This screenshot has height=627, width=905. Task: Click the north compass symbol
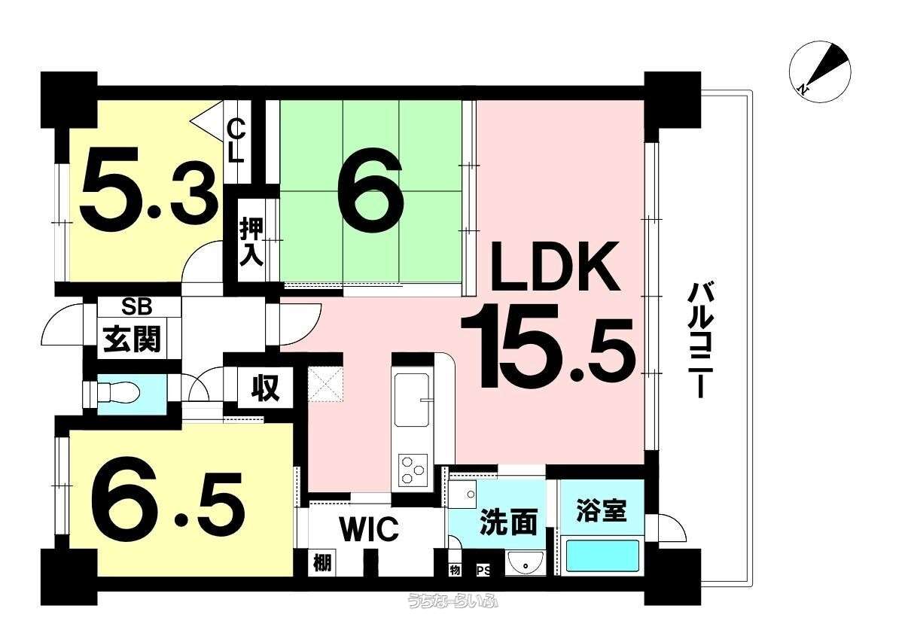[820, 72]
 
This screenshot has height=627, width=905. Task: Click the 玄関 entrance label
[132, 339]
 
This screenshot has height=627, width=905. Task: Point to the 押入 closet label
[251, 242]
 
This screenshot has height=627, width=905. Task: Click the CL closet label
[236, 141]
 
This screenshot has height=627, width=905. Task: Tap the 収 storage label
[265, 387]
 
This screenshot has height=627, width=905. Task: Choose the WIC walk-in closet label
[369, 528]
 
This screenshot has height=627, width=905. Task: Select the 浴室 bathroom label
[601, 510]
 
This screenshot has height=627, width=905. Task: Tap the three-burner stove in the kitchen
[413, 470]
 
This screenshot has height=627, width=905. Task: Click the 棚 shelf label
[322, 562]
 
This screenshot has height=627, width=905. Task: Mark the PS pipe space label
[483, 571]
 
